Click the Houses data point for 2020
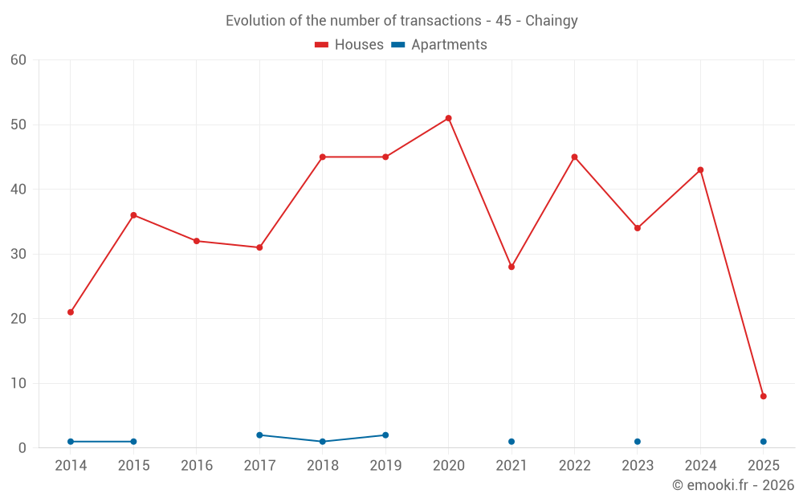[x=448, y=118]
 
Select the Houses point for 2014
[x=71, y=312]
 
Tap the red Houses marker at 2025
[x=763, y=396]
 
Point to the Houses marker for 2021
[x=512, y=267]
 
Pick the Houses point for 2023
[x=638, y=228]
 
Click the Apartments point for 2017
[x=259, y=435]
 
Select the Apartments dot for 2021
[x=512, y=442]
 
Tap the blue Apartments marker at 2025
[x=763, y=442]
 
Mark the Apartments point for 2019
[x=385, y=435]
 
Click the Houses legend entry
[x=349, y=45]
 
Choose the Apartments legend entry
[x=440, y=45]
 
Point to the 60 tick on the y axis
[x=19, y=60]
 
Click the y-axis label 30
[x=19, y=254]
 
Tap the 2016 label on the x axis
[x=197, y=466]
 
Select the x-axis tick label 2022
[x=574, y=466]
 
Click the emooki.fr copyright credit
[x=733, y=485]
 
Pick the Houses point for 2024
[x=700, y=170]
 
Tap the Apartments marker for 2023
[x=638, y=442]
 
